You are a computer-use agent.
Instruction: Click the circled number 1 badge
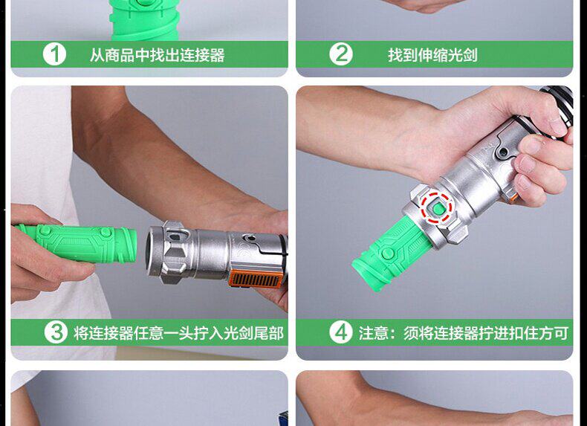54,54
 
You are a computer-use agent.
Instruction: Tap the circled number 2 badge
340,54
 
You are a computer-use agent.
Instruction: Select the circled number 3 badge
56,332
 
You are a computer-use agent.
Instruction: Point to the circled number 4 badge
340,332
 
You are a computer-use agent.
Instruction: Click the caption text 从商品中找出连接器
158,55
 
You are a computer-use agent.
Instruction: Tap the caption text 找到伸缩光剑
432,55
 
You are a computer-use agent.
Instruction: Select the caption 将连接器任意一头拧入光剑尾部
178,333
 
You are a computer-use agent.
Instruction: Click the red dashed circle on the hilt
436,207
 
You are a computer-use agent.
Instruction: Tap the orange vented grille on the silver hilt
256,278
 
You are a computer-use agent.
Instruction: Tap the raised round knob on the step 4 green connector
387,254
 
